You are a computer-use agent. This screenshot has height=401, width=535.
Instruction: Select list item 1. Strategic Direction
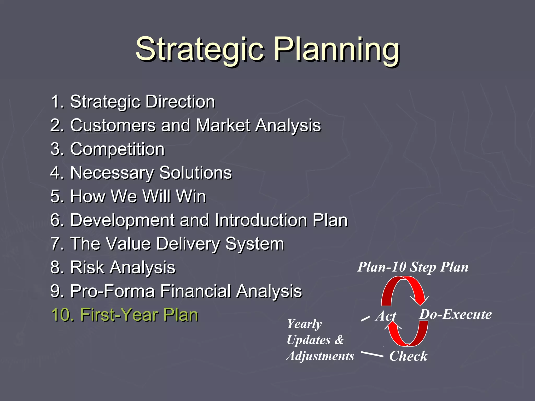[133, 102]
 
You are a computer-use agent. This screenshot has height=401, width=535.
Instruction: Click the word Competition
[117, 149]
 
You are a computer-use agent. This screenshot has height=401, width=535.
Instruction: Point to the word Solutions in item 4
[195, 173]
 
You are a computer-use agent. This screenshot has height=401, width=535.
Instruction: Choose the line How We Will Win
[128, 196]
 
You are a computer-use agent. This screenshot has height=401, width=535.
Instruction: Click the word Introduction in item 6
[261, 220]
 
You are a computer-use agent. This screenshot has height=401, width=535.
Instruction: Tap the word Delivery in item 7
[188, 244]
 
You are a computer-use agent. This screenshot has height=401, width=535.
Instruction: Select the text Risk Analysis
[113, 267]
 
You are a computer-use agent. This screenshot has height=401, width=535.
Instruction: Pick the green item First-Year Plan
[125, 315]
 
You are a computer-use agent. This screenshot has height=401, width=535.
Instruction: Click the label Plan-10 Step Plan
[413, 267]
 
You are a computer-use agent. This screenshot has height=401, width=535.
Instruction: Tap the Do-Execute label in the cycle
[455, 314]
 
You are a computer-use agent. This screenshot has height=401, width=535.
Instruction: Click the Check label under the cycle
[408, 356]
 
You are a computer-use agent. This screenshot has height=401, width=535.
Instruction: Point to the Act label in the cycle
[386, 316]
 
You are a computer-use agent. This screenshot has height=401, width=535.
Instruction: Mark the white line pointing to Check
[372, 354]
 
